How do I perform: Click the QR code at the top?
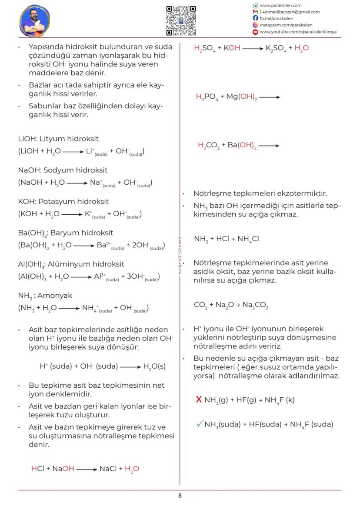click(x=181, y=20)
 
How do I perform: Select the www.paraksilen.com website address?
click(x=280, y=5)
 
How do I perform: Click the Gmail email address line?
click(x=289, y=12)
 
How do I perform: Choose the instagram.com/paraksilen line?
click(x=286, y=25)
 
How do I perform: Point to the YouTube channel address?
click(x=297, y=32)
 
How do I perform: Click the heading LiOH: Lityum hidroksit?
click(x=58, y=139)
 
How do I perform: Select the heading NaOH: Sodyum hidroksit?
click(x=63, y=170)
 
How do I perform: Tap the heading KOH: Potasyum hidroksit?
click(x=63, y=201)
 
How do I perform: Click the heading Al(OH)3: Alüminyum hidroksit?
click(x=71, y=264)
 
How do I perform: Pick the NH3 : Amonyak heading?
click(x=45, y=295)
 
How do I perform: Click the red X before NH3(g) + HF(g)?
click(x=199, y=399)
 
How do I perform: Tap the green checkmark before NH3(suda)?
click(x=199, y=424)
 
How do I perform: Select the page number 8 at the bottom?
click(x=180, y=496)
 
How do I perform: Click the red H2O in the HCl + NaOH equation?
click(x=132, y=469)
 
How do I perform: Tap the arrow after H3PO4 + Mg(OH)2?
click(x=270, y=97)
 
